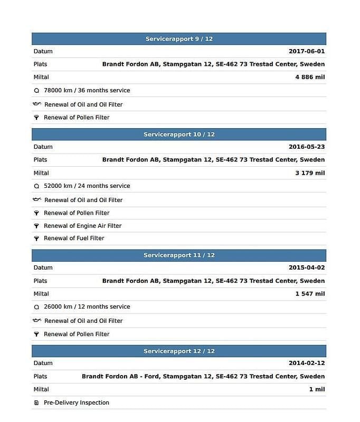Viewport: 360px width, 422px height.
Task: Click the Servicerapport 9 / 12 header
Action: point(179,39)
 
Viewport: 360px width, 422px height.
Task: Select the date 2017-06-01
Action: point(307,52)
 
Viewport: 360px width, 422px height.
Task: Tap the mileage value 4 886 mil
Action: point(310,77)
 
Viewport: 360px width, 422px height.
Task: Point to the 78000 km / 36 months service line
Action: point(87,90)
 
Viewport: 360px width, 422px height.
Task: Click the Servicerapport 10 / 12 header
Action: point(179,135)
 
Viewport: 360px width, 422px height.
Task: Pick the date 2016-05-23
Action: point(307,147)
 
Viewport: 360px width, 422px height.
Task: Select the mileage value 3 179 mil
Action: point(310,173)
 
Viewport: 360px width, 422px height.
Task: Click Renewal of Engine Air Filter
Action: point(82,226)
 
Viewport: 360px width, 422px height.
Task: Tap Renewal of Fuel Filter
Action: point(74,238)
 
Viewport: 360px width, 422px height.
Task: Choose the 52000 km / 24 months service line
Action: point(87,186)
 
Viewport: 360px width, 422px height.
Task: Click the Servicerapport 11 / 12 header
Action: point(179,255)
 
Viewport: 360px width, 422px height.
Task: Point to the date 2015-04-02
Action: point(307,268)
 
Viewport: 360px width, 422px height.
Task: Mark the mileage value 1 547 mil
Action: point(310,294)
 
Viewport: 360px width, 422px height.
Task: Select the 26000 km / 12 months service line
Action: point(87,306)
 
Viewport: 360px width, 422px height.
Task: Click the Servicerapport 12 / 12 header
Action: point(179,351)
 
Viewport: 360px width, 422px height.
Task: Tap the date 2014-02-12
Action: point(307,363)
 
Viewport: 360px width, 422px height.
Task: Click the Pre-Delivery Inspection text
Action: point(77,402)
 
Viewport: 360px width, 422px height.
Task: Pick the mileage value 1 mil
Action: point(317,389)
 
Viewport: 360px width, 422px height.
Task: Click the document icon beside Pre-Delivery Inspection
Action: point(36,402)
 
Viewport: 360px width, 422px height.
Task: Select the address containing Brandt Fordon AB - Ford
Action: point(203,377)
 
